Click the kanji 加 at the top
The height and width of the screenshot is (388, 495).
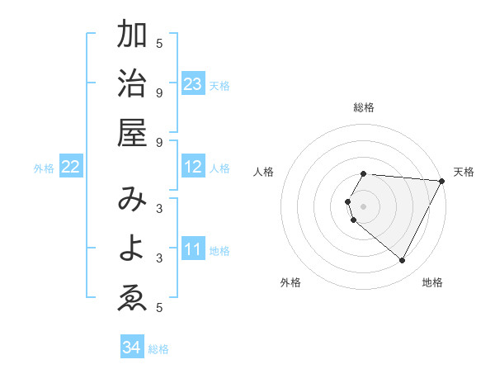(132, 35)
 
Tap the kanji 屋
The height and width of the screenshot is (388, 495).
(132, 132)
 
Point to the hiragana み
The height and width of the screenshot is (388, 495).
(132, 201)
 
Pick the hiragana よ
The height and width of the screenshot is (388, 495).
(132, 248)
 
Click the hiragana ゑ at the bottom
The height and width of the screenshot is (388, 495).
(132, 297)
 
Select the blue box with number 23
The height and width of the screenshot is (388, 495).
(193, 84)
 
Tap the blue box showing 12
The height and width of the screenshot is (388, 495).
(193, 168)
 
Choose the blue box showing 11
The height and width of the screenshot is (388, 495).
(193, 249)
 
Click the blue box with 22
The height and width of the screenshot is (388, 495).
(71, 168)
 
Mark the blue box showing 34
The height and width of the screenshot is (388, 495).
(132, 348)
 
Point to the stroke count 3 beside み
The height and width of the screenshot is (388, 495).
(159, 208)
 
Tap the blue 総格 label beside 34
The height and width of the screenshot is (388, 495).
(158, 349)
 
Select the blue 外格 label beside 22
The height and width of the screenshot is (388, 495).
(44, 168)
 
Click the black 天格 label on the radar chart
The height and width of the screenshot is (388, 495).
(464, 172)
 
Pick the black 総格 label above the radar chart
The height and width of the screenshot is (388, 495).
(364, 107)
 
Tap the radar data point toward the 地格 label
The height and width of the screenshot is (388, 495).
(403, 261)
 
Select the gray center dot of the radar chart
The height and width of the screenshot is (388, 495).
(364, 206)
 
